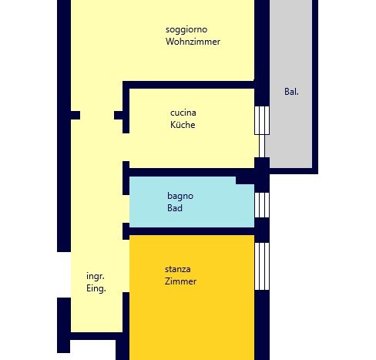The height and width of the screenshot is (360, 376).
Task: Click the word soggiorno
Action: tap(186, 30)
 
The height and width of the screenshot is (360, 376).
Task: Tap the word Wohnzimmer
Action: tap(193, 42)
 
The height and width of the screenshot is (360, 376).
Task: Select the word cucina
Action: tap(183, 113)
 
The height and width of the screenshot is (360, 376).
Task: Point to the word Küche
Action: tap(183, 125)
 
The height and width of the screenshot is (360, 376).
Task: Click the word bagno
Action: tap(180, 197)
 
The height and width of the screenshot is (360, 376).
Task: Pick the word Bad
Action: tap(175, 208)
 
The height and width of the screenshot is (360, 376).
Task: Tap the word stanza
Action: tap(178, 269)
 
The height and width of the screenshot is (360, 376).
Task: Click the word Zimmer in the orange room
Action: tap(180, 281)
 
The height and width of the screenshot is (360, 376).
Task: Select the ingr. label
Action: tap(96, 276)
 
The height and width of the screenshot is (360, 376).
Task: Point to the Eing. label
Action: tap(96, 288)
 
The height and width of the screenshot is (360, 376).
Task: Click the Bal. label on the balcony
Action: tap(291, 92)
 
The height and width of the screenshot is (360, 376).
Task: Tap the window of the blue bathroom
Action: tap(262, 205)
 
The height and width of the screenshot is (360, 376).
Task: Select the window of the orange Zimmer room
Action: tap(262, 266)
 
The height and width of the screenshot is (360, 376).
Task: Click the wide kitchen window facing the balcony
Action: tap(262, 120)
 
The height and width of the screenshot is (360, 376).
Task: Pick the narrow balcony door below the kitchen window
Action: tap(262, 146)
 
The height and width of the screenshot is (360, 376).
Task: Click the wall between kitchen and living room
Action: tap(189, 85)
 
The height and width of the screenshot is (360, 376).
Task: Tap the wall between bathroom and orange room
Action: tap(192, 231)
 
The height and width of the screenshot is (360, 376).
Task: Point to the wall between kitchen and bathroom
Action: tap(192, 173)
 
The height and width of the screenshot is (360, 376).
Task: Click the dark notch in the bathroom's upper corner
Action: tap(245, 180)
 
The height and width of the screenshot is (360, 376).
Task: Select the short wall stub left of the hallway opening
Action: tap(76, 115)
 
